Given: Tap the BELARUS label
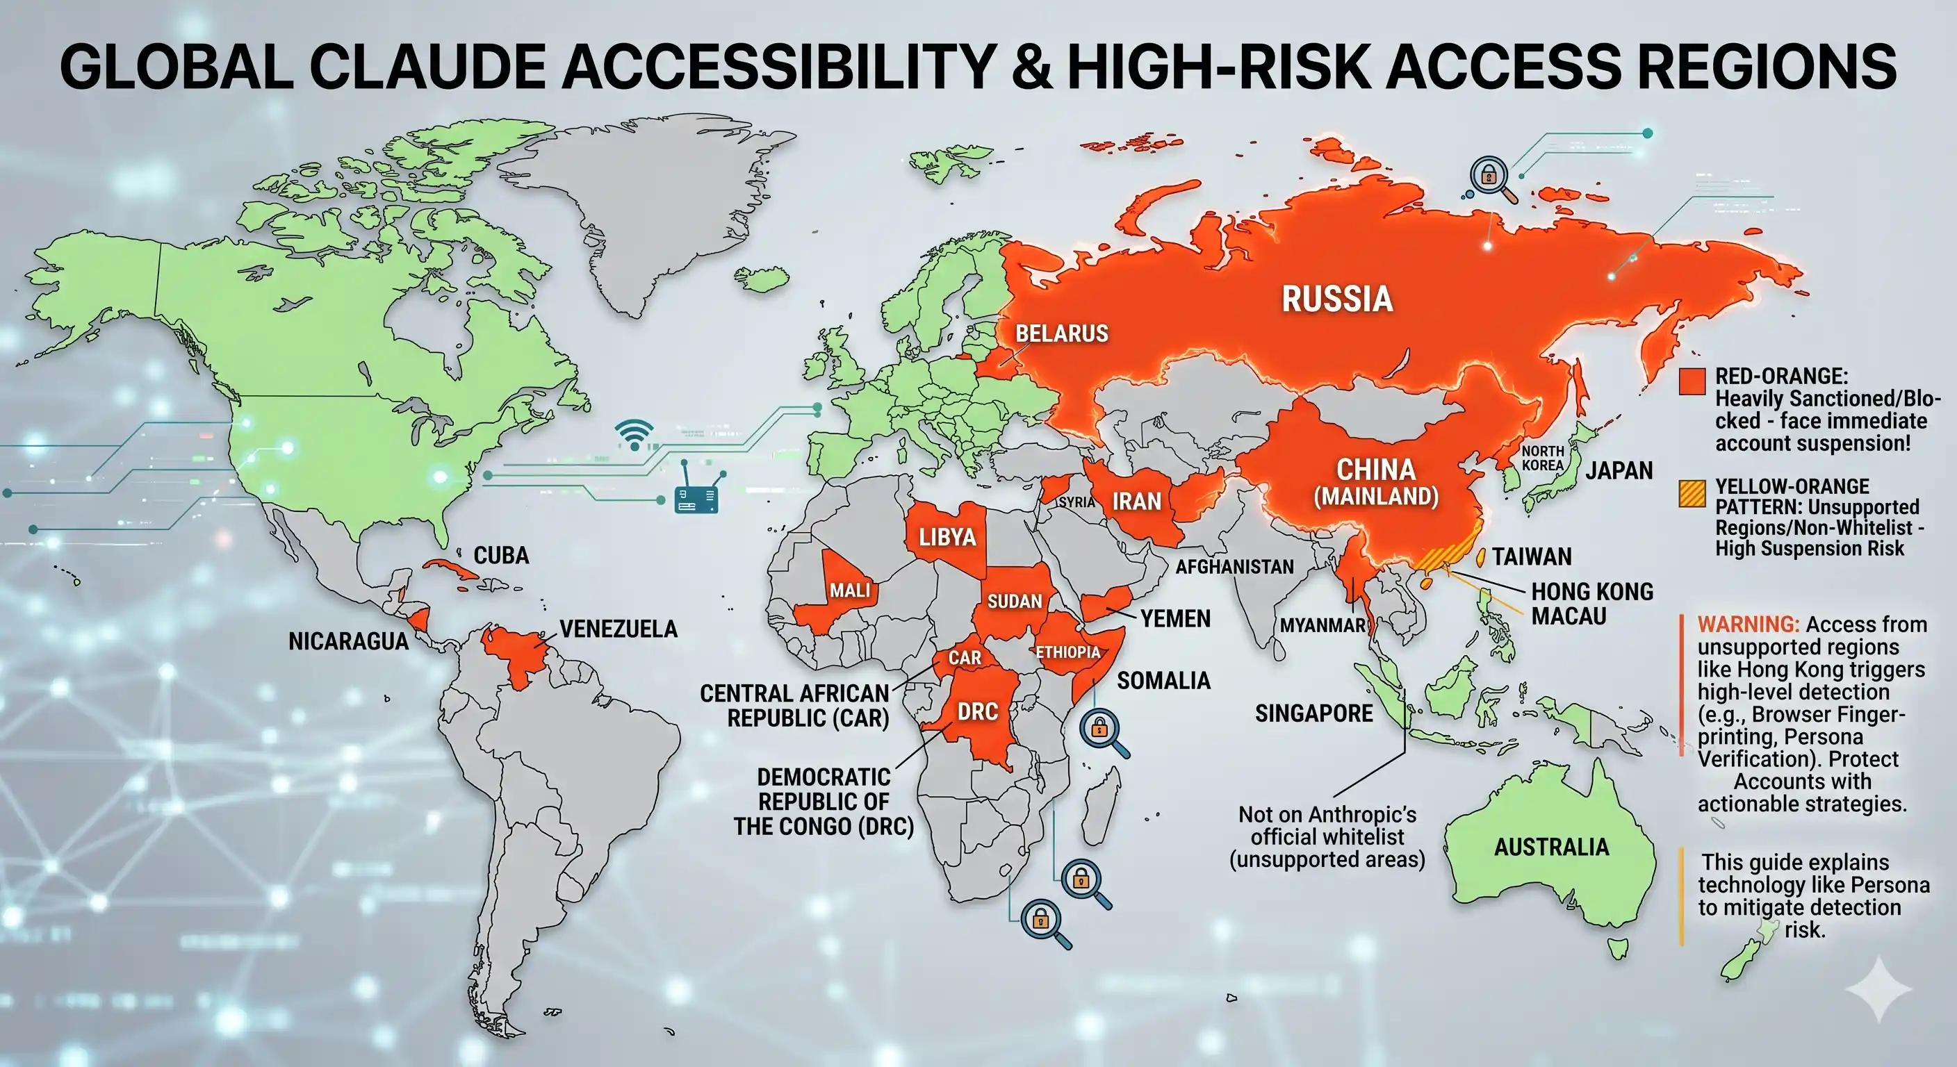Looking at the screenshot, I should [1061, 333].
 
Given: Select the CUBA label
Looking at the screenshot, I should [500, 555].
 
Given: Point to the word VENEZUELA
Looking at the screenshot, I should [619, 629].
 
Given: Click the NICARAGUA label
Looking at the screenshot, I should [348, 642].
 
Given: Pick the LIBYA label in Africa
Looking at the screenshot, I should [947, 538].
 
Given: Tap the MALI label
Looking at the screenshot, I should [849, 590].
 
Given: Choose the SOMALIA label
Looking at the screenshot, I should [1163, 681].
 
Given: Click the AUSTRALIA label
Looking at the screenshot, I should [1551, 847].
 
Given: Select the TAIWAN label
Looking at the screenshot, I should [1532, 556].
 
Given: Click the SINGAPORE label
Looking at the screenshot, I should [1313, 713].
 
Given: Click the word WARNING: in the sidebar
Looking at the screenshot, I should [1748, 625].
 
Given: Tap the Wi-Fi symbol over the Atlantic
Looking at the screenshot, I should [634, 435].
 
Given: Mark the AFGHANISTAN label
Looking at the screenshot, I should [1234, 567].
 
